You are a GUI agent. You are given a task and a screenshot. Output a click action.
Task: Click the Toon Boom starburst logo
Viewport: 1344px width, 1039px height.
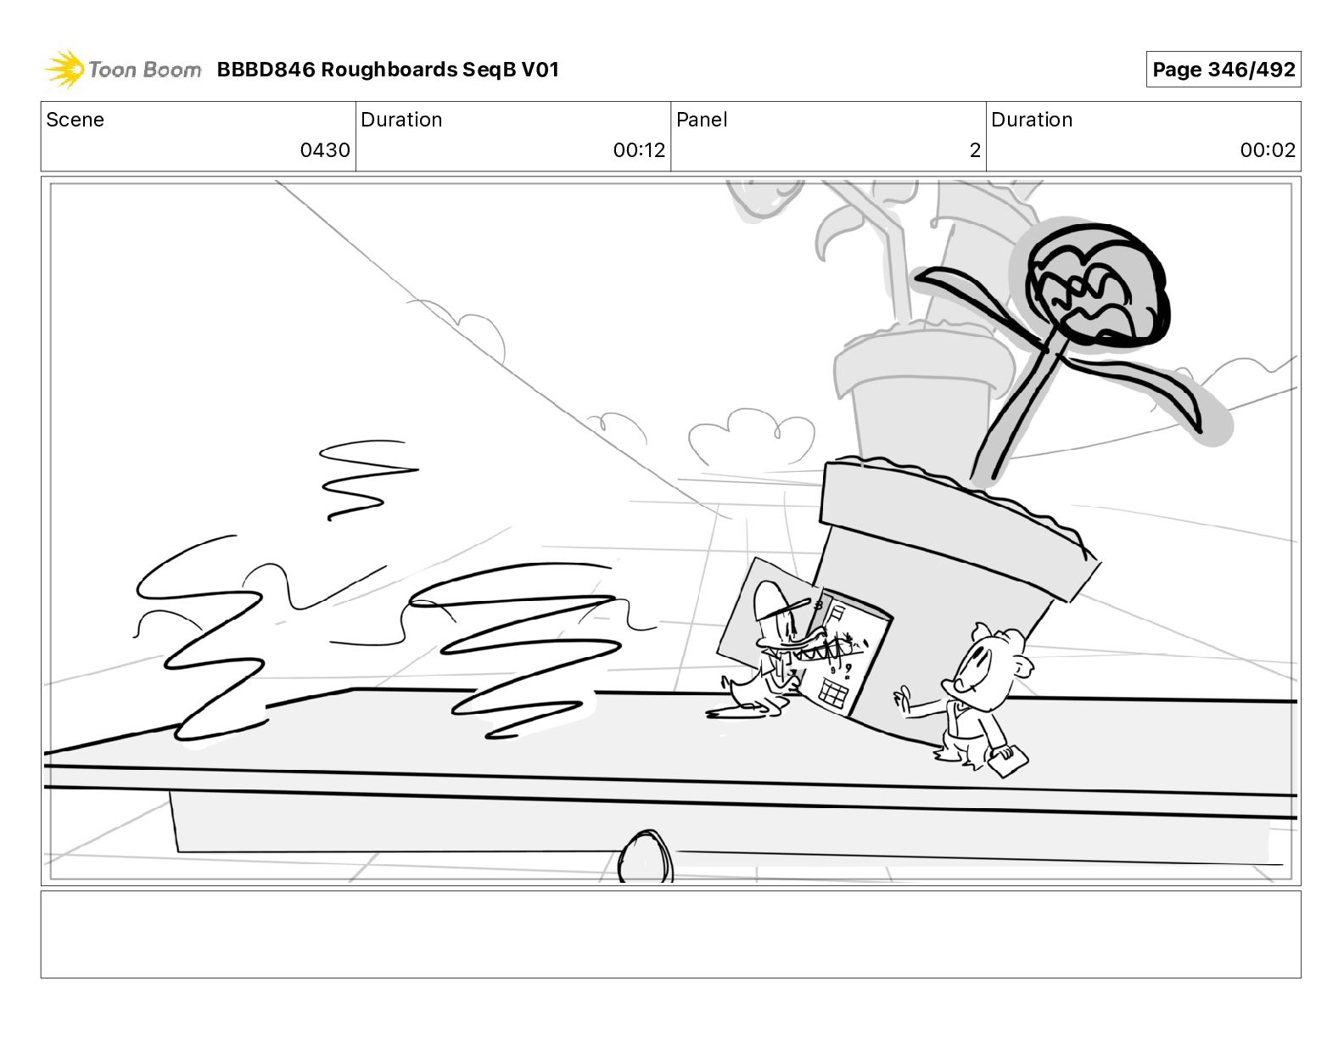point(64,70)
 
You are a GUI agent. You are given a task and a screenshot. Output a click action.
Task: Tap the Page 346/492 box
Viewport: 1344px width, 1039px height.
point(1223,70)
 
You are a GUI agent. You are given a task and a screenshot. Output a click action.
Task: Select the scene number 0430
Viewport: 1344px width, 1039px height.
point(325,149)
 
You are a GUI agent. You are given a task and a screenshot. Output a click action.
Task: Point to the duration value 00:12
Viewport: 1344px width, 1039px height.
point(639,149)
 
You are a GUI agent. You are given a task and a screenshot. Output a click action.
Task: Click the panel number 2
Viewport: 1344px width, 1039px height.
point(975,149)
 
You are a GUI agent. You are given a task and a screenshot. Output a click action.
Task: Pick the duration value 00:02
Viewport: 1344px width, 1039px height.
point(1268,149)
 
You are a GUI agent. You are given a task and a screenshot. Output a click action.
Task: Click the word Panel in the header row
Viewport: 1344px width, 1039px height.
point(702,120)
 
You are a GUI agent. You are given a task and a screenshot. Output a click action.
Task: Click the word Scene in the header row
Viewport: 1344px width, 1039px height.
point(75,120)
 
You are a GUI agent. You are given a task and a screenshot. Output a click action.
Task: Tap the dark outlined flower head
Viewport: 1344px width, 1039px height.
point(1096,284)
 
